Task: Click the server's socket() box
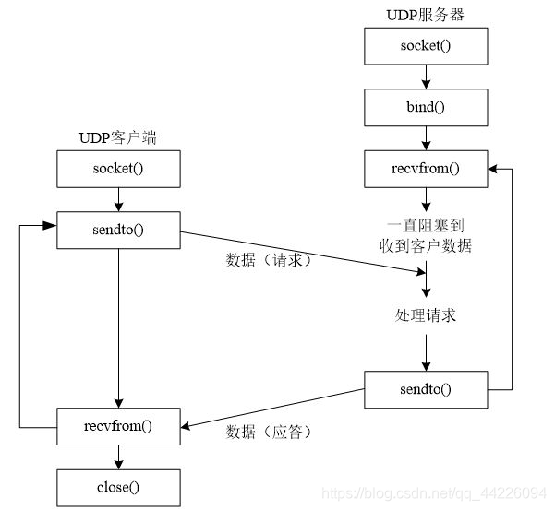point(426,45)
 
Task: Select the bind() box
point(426,107)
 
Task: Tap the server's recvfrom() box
point(426,169)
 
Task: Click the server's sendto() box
point(426,388)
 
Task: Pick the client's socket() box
point(117,169)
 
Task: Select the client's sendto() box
point(117,230)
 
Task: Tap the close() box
point(117,484)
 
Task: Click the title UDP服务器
point(426,15)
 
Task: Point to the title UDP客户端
point(117,139)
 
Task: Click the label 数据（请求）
point(270,261)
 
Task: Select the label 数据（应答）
point(270,432)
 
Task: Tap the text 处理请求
point(426,314)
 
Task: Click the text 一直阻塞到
point(426,224)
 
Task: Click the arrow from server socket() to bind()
point(426,77)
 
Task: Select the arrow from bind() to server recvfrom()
point(426,138)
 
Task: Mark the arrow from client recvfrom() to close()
point(117,455)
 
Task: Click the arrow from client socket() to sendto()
point(117,199)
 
